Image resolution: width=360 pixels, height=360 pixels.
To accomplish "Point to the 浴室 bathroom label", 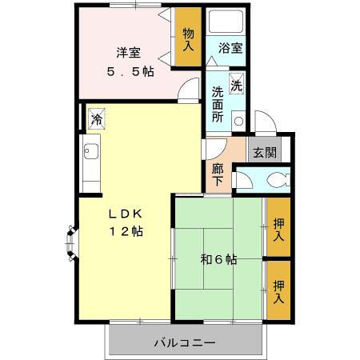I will pos(231,48).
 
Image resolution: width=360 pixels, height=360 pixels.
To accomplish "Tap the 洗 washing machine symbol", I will pos(237,84).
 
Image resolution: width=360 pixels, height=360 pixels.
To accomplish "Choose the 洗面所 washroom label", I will pos(217,102).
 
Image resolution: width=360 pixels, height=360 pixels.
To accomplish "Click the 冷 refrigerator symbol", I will pos(96,120).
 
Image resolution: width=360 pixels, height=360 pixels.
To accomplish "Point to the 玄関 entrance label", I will pos(264,152).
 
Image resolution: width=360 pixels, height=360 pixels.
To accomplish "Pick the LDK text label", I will pos(126,214).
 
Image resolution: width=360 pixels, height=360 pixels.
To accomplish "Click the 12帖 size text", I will pos(126,232).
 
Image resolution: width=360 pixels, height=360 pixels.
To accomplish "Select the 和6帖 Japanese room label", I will pos(218,258).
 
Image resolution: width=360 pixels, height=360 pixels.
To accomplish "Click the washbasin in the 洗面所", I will pos(238,120).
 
